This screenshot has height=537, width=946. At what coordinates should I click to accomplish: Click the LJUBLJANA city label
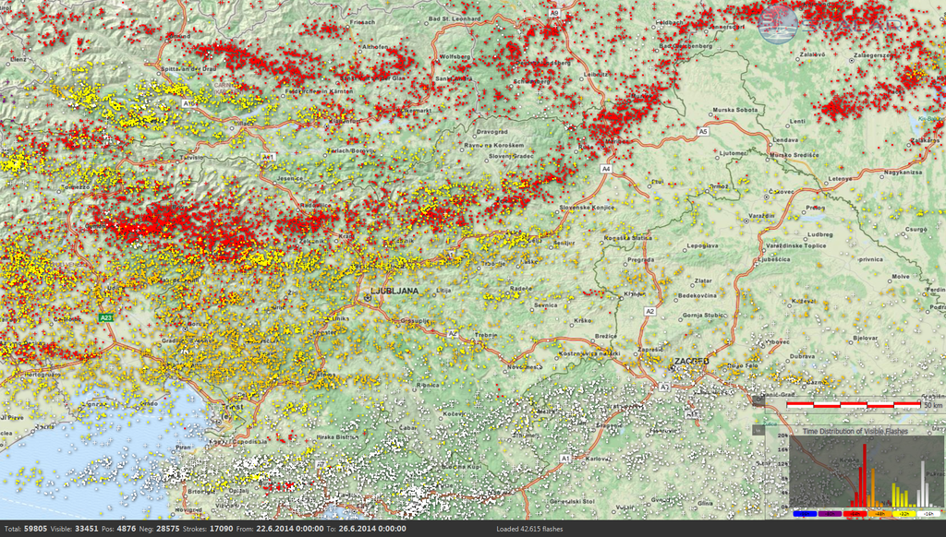(x=395, y=291)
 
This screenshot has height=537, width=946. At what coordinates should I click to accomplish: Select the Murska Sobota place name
(x=734, y=110)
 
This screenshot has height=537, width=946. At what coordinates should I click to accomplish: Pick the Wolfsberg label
(x=455, y=57)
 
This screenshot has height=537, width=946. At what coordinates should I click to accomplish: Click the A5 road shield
(x=703, y=132)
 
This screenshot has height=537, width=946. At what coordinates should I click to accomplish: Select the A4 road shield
(x=606, y=169)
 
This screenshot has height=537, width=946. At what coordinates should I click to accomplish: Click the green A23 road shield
(x=106, y=317)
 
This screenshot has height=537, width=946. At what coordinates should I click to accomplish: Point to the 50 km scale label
(x=932, y=404)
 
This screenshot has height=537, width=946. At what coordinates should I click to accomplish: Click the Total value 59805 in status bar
(x=34, y=530)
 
